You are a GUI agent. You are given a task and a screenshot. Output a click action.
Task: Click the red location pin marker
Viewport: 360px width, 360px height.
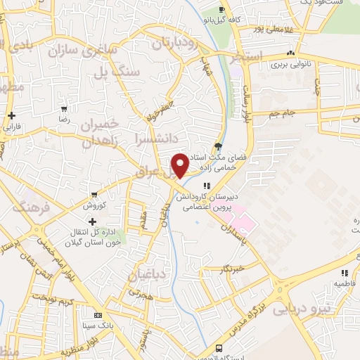click(180, 165)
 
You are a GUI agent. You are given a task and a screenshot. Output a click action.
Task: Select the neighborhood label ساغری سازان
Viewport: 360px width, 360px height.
click(79, 49)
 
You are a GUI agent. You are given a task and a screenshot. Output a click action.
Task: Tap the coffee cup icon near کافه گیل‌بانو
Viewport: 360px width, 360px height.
click(222, 9)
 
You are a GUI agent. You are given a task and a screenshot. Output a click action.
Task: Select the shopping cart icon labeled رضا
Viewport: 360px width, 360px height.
click(64, 109)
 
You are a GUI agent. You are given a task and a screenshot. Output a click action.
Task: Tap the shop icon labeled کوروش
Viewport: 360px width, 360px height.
click(94, 194)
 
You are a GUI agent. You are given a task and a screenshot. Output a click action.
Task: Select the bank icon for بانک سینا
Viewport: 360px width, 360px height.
click(96, 317)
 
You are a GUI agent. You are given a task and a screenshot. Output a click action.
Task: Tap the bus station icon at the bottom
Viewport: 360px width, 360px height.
click(219, 349)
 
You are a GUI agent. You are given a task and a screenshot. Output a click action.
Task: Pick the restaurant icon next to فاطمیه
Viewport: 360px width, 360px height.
click(344, 273)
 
